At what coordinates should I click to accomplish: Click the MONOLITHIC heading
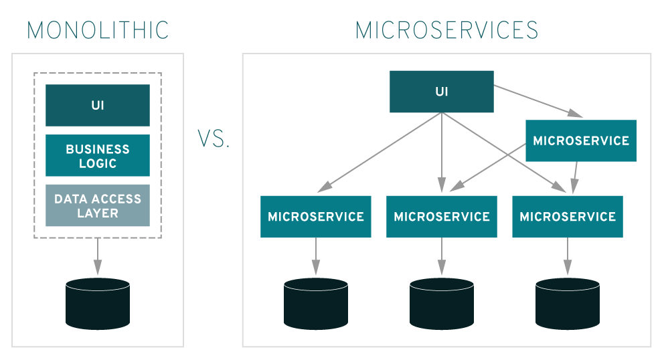coord(98,30)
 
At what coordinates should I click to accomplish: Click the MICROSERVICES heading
coord(446,30)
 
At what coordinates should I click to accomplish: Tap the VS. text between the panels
coord(214,139)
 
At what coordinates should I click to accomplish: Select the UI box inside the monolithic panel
coord(98,105)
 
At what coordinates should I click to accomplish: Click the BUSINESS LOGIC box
coord(98,155)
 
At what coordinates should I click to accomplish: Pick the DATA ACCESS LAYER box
coord(98,205)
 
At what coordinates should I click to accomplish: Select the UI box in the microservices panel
coord(442,92)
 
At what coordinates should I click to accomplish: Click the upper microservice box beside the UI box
coord(580,141)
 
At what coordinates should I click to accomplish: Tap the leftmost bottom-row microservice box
coord(315,216)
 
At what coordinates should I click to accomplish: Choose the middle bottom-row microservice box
coord(442,216)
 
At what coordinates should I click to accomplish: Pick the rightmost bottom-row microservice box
coord(568,216)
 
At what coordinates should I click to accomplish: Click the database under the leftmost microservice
coord(315,303)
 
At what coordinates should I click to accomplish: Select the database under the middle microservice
coord(442,303)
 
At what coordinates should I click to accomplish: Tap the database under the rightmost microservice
coord(568,303)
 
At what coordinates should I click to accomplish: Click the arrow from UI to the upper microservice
coord(535,101)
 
